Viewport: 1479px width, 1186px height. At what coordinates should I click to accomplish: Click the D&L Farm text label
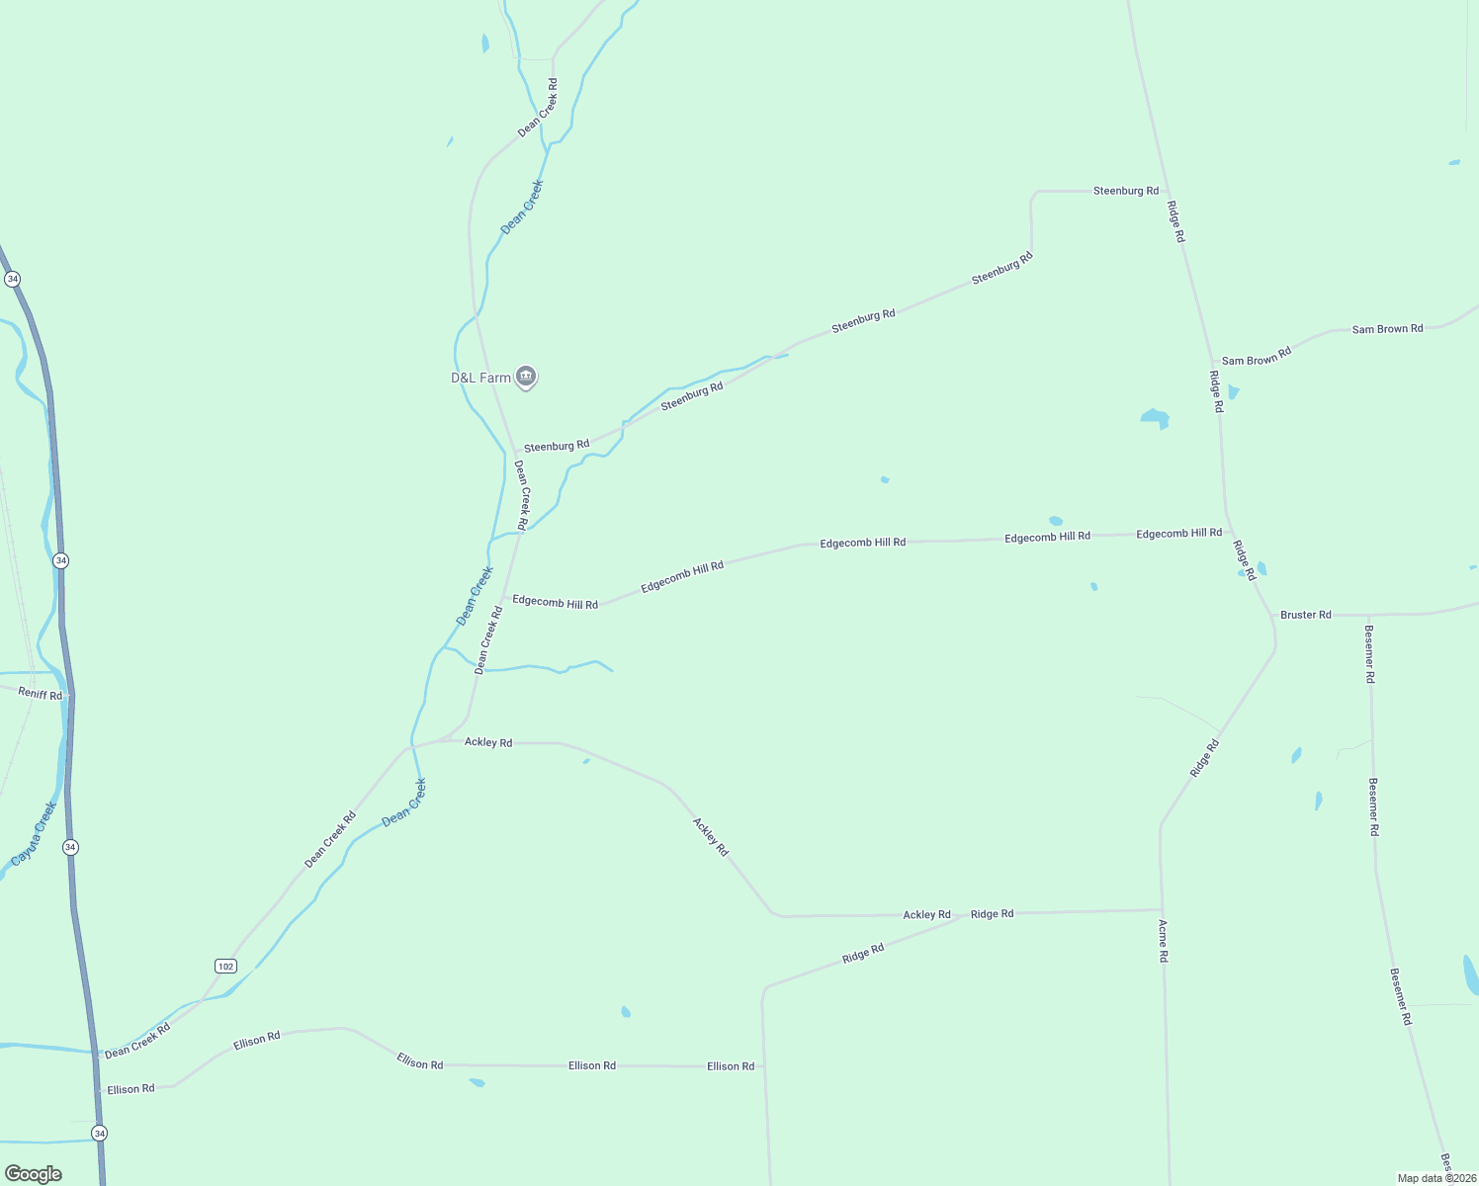point(480,378)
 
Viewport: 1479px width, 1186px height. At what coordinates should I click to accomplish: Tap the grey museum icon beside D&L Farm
point(527,377)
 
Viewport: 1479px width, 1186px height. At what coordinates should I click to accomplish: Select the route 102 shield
point(225,966)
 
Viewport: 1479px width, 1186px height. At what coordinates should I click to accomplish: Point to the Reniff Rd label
point(41,694)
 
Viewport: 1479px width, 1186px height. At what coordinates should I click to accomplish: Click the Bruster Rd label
point(1306,615)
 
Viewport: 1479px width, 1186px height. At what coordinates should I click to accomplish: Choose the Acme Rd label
point(1164,941)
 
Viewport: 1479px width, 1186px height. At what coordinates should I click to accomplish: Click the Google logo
point(34,1174)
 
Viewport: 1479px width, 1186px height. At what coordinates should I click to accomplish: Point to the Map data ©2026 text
point(1436,1178)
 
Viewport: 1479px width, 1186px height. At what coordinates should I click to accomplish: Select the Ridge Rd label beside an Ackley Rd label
point(992,914)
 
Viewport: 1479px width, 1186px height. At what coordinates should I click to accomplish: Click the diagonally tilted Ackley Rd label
point(710,836)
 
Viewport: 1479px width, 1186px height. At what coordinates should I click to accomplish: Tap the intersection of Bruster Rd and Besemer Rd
point(1369,615)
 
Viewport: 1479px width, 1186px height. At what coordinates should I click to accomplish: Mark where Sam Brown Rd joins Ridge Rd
point(1213,365)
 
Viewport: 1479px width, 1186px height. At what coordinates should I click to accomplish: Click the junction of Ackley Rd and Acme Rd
point(1161,909)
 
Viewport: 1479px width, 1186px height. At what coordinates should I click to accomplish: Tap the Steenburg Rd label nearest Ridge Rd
point(1125,191)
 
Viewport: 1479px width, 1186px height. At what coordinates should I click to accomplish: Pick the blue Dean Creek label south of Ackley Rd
point(403,803)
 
